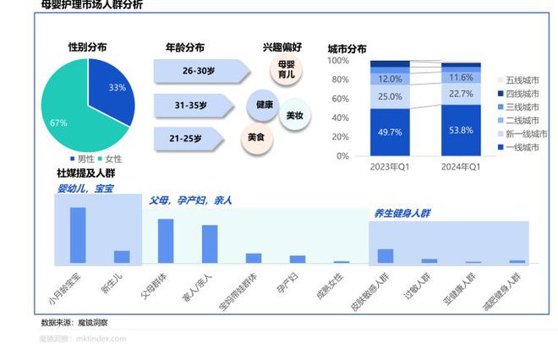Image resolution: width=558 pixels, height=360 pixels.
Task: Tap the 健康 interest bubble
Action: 264,104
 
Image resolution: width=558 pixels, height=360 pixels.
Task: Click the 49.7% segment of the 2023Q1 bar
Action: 391,133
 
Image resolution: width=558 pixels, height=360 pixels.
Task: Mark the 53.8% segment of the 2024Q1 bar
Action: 462,130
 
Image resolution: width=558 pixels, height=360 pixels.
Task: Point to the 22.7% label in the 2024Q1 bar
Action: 462,94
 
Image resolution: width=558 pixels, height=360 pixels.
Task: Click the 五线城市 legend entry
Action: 522,79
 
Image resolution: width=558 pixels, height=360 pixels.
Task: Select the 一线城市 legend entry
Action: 522,147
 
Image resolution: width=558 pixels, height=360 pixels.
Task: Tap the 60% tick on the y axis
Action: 338,99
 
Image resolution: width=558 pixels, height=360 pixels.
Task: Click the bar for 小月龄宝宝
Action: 77,235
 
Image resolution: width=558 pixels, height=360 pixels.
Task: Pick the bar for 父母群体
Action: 166,241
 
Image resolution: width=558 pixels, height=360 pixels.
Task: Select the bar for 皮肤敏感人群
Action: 386,256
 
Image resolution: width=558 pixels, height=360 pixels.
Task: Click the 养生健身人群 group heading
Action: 402,214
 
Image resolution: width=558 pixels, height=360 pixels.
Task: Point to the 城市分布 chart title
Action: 347,48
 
